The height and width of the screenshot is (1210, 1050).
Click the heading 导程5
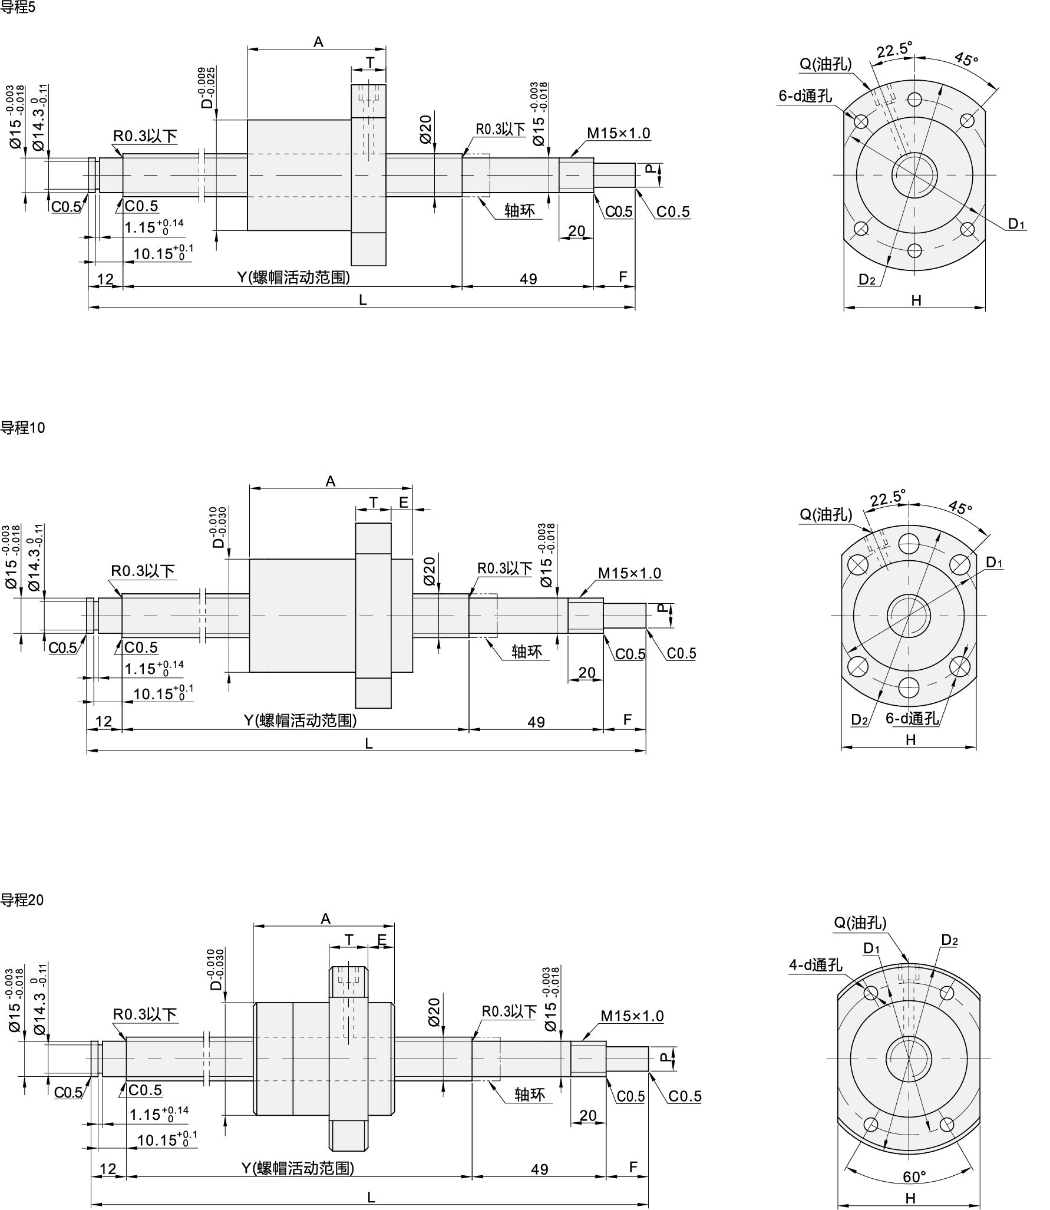[x=18, y=8]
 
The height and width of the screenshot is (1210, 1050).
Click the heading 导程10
[x=22, y=428]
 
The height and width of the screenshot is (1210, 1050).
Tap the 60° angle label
[x=914, y=1176]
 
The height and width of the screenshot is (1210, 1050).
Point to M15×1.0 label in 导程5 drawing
[x=619, y=133]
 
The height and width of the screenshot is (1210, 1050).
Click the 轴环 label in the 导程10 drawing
[x=526, y=652]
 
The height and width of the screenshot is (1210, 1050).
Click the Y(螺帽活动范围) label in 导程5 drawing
[x=293, y=277]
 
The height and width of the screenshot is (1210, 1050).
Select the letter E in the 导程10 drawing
[x=404, y=502]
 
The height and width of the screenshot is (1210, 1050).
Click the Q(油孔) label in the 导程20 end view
[x=860, y=923]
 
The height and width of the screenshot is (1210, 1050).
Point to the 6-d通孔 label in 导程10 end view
[x=912, y=718]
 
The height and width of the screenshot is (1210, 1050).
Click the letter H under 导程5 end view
[x=916, y=300]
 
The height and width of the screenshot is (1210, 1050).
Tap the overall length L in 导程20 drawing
[x=371, y=1196]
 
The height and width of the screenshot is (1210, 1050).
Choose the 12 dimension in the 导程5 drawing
[x=105, y=279]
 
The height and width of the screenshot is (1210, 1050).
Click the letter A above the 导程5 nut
[x=318, y=42]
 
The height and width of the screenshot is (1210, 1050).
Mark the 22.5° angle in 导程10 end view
[x=887, y=498]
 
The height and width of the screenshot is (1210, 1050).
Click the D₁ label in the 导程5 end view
[x=1016, y=223]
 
